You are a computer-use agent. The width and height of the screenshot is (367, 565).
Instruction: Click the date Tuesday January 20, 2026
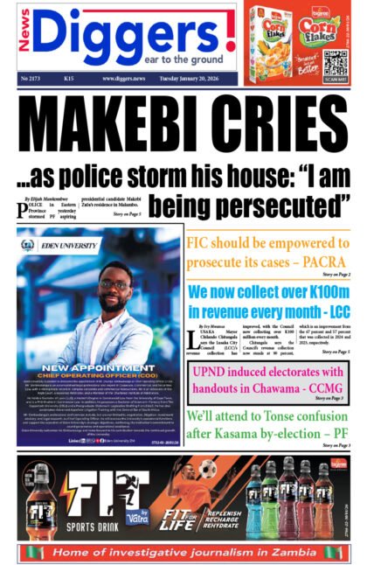pos(197,79)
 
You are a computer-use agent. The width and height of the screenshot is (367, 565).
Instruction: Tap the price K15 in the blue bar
pos(68,79)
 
